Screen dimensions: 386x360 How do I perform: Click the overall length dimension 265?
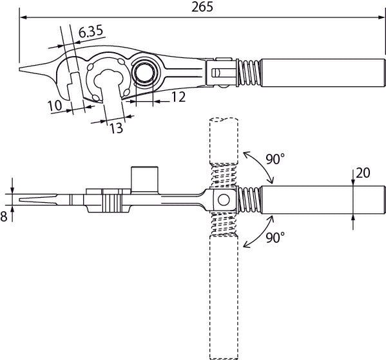202,7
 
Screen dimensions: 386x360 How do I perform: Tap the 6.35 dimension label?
91,32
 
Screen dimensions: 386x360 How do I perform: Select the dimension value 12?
179,97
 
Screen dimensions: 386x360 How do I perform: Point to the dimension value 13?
116,128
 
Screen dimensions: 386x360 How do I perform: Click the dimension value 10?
55,106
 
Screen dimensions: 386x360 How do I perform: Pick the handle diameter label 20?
363,173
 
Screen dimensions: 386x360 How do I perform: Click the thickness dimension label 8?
4,217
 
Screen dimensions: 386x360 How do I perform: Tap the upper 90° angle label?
275,159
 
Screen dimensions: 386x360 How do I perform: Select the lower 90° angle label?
275,238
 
